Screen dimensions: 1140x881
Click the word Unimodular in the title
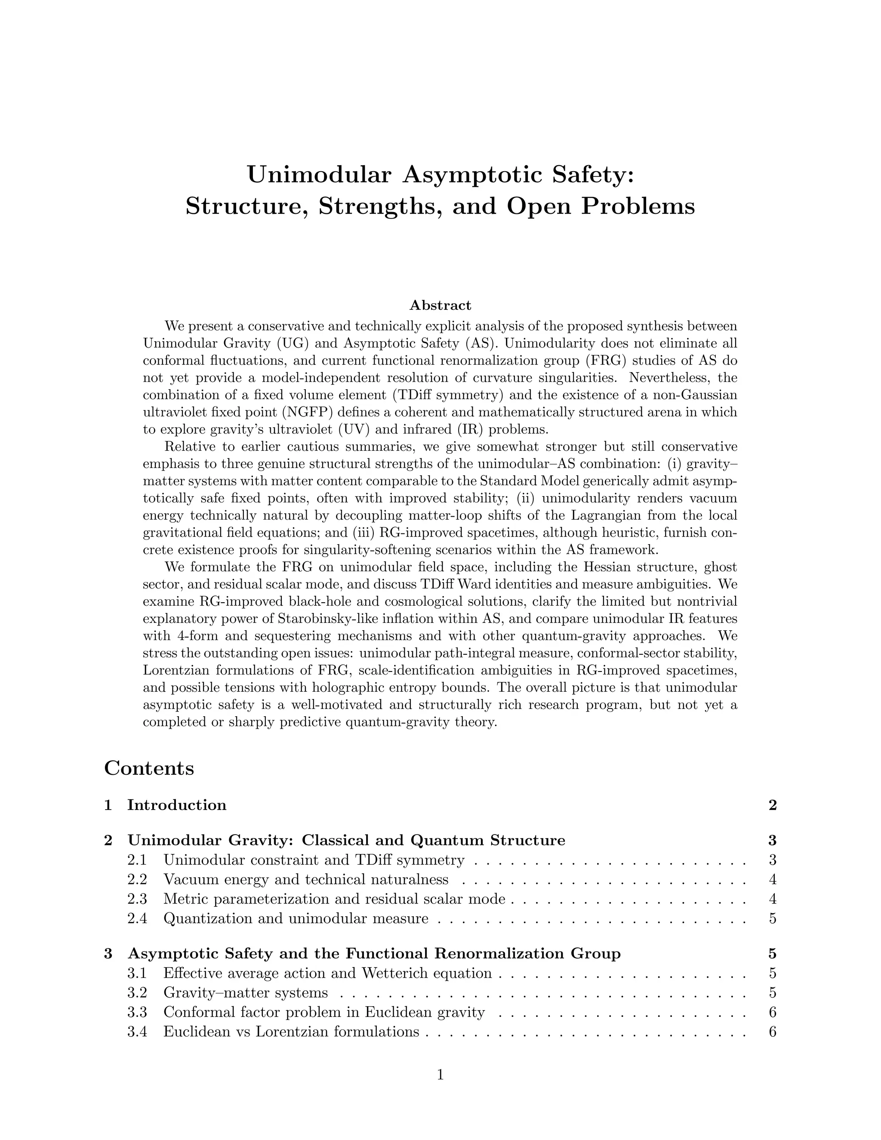point(318,174)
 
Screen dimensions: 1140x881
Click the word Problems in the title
point(638,206)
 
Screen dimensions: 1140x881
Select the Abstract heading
point(440,305)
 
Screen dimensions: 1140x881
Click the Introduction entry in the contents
point(176,805)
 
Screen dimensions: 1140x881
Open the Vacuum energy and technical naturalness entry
point(305,880)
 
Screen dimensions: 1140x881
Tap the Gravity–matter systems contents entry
point(245,992)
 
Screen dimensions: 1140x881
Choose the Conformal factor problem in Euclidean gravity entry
point(323,1012)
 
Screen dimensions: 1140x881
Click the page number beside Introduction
point(773,805)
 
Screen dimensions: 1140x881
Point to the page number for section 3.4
point(773,1032)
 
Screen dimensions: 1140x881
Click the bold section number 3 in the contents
point(108,954)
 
